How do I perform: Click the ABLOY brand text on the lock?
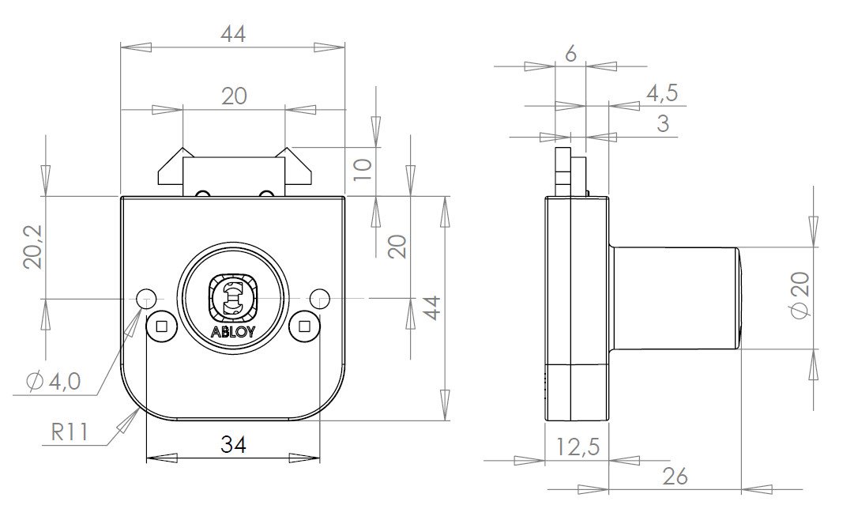click(x=232, y=332)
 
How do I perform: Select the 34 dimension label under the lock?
click(x=233, y=444)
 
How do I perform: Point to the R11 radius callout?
click(x=69, y=432)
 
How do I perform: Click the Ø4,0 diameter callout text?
click(x=54, y=380)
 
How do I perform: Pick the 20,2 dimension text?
click(x=33, y=247)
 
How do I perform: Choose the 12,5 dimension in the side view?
click(x=578, y=447)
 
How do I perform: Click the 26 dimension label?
click(x=675, y=477)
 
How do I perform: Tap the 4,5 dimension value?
click(x=662, y=93)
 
